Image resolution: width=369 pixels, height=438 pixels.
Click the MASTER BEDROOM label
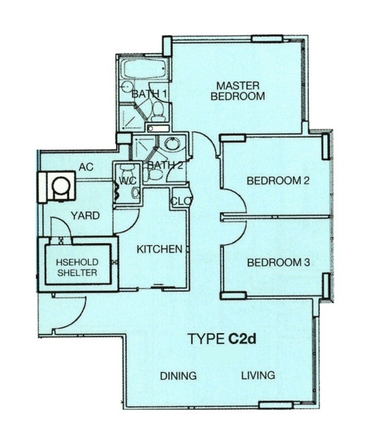237,91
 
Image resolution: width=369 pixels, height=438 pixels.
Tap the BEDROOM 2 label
278,181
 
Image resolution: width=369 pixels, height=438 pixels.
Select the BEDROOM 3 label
278,262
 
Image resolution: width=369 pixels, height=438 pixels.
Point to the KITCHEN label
159,249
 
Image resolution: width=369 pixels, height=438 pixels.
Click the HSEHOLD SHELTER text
77,267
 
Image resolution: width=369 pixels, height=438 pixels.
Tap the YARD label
85,216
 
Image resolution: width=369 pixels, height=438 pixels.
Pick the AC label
86,167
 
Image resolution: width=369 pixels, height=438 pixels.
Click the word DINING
178,376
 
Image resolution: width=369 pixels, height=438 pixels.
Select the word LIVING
258,375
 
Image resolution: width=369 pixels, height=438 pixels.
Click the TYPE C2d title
222,339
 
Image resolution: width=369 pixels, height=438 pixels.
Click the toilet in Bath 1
159,111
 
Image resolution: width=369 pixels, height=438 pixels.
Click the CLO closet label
181,201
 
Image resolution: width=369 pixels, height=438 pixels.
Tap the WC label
128,181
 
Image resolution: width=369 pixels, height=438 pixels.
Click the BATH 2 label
165,165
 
